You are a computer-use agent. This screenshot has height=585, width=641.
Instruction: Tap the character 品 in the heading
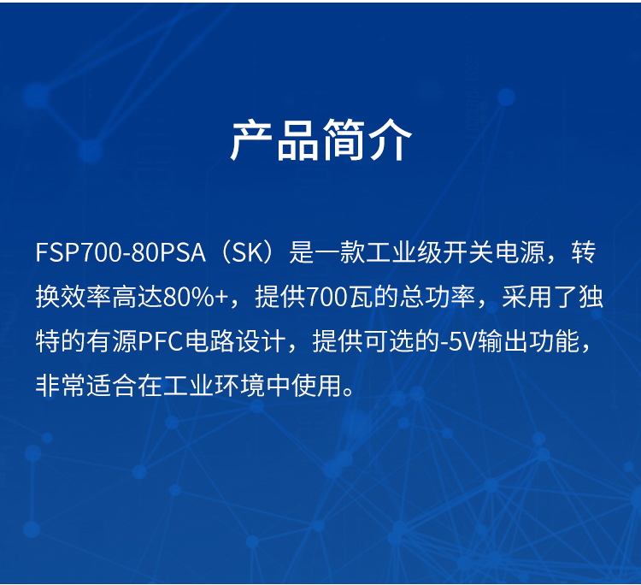tap(298, 140)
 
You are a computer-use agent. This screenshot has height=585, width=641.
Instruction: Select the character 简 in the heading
tap(344, 140)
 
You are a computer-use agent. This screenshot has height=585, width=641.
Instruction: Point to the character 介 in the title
tap(390, 140)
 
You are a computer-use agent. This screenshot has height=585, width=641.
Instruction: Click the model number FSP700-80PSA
tap(121, 252)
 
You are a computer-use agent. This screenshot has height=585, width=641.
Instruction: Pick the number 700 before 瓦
tap(327, 297)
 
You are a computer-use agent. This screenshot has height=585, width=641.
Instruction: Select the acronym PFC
tap(160, 341)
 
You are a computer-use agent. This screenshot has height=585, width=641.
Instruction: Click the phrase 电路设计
tap(235, 341)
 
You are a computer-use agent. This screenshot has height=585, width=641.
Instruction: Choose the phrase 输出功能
tap(529, 341)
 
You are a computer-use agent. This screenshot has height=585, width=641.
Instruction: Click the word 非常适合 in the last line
tap(86, 386)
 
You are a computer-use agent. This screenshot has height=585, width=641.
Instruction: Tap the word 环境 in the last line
tap(239, 386)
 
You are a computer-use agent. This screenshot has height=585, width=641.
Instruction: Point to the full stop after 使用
tap(349, 392)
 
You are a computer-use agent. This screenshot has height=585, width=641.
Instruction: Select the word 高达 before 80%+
tap(138, 297)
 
